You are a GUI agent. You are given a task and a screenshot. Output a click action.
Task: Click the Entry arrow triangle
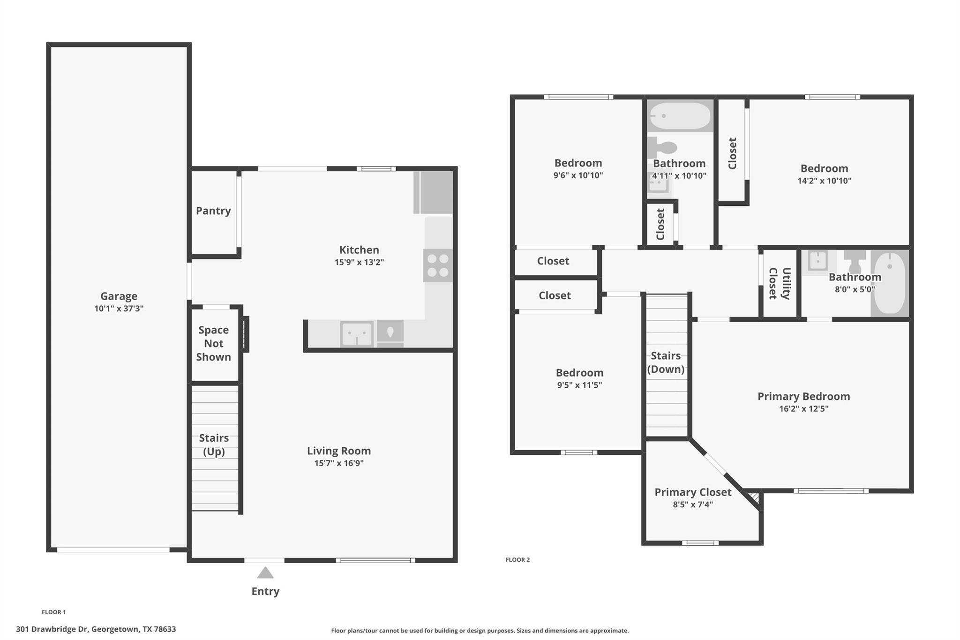(x=265, y=572)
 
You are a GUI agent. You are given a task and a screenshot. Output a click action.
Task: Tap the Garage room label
(x=119, y=296)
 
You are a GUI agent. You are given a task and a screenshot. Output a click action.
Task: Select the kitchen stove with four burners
(x=438, y=265)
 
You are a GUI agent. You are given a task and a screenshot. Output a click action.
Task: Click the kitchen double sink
(x=357, y=334)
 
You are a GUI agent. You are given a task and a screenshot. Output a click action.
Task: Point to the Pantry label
(x=213, y=211)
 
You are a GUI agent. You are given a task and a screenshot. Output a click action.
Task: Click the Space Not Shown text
(x=213, y=343)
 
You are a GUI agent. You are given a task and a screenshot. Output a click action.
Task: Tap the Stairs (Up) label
(x=214, y=444)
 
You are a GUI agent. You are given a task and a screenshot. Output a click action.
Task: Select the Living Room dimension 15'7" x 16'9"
(x=339, y=463)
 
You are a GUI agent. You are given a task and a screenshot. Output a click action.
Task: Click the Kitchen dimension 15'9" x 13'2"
(x=359, y=263)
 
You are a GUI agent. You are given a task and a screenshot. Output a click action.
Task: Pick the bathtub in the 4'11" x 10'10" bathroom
(x=680, y=115)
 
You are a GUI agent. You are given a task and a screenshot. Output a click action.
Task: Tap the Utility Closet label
(x=780, y=283)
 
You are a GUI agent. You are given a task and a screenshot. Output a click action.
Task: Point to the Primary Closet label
(x=693, y=492)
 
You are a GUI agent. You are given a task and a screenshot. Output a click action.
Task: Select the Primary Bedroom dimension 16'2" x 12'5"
(x=803, y=409)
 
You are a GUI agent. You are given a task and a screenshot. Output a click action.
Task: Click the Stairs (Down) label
(x=666, y=362)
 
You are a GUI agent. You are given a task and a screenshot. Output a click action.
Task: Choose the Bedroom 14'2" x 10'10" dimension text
(x=824, y=181)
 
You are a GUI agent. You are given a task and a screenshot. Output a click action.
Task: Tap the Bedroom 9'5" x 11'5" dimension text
(x=579, y=385)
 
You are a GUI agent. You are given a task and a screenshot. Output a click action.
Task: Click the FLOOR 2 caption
(x=517, y=559)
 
